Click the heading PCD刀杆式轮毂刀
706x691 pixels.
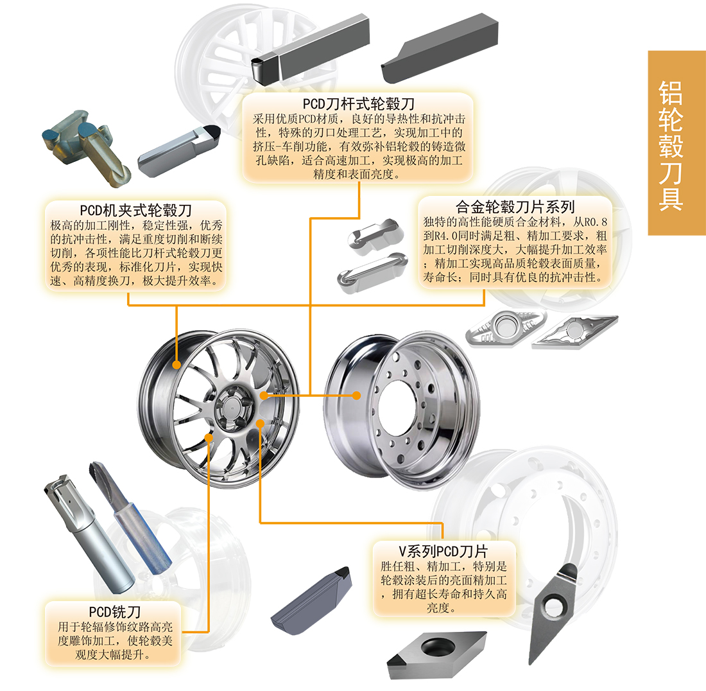tap(359, 103)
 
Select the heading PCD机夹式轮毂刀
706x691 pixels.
tap(136, 210)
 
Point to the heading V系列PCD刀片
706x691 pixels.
tap(443, 550)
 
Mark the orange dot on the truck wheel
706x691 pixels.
tap(357, 396)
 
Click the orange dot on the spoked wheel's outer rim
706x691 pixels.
tap(176, 364)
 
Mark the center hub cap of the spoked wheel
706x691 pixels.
tap(229, 405)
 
